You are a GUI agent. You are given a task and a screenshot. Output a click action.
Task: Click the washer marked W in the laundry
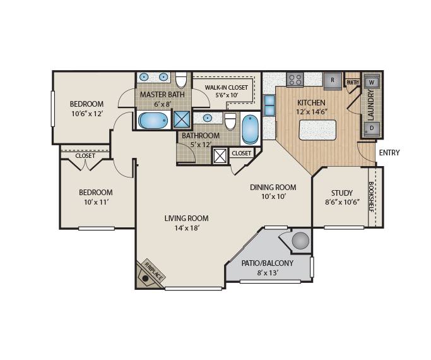tap(372, 82)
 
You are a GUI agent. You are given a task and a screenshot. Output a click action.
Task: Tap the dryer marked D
tap(372, 128)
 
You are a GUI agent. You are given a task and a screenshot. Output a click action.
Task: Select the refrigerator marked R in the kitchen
tap(333, 80)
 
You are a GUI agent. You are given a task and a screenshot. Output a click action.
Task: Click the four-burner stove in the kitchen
tap(295, 79)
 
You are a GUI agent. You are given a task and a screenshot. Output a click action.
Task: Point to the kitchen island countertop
tap(317, 130)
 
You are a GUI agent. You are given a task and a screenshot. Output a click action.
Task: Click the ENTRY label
tap(389, 153)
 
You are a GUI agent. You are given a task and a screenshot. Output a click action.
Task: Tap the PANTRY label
tap(353, 82)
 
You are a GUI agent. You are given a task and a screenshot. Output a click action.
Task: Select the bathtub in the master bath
tap(153, 121)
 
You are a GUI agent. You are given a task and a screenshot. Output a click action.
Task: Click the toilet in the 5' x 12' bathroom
tap(230, 121)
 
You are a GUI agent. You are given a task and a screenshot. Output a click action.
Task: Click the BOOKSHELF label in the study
tap(371, 196)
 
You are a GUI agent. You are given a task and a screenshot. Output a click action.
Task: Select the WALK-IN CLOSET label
tap(226, 88)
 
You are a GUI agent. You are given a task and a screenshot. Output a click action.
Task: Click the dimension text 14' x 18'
tap(186, 228)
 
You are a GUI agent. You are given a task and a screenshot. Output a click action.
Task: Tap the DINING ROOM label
tap(273, 188)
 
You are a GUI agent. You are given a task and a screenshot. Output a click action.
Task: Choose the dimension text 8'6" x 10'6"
tap(342, 202)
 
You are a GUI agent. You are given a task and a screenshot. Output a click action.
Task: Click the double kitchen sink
tap(269, 105)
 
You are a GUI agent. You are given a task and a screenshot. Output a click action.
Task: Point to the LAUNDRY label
tap(371, 105)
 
